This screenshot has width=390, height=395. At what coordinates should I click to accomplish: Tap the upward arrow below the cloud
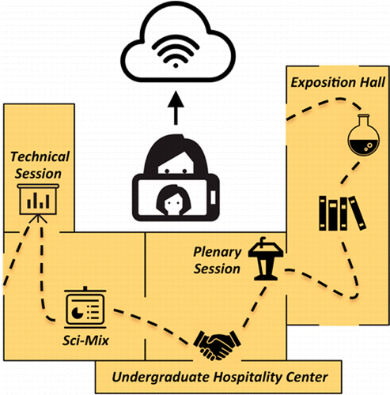pos(176,108)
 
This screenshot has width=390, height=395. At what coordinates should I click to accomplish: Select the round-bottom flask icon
pos(364,135)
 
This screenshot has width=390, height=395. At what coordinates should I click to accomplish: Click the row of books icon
pos(343,213)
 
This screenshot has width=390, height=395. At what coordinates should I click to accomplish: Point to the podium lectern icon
pos(266,258)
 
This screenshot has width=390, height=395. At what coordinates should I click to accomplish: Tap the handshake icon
pos(217,345)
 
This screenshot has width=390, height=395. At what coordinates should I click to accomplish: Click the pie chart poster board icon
pos(85,307)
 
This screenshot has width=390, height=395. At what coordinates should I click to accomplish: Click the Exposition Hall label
pos(338,83)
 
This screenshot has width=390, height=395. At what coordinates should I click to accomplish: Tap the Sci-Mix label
pos(85,340)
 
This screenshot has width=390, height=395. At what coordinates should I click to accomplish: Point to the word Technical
pos(40,156)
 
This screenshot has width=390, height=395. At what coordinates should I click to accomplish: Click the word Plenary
pos(218,253)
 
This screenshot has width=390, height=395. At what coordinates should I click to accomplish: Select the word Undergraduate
pos(161,378)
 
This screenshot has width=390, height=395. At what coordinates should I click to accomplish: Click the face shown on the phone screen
pos(173,200)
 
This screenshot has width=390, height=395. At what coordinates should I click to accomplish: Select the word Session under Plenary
pos(217,269)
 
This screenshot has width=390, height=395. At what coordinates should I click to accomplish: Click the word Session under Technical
pos(38,174)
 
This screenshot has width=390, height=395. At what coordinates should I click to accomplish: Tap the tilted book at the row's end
pos(358,213)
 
